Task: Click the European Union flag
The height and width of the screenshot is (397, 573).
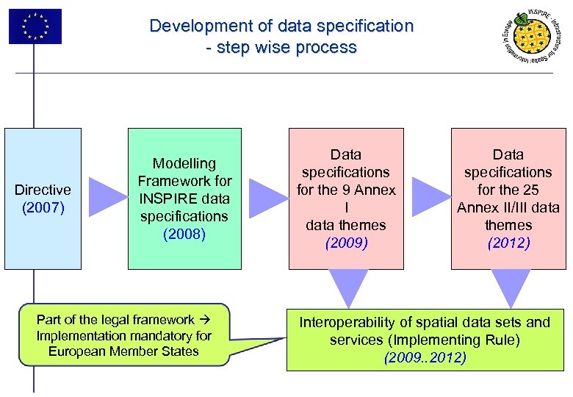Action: pos(35,26)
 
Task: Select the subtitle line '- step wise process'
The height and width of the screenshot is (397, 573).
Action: pos(281,48)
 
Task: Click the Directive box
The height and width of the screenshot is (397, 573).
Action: pos(43,198)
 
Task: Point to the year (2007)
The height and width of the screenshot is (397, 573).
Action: pos(43,208)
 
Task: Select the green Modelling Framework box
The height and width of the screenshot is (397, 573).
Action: pos(184,198)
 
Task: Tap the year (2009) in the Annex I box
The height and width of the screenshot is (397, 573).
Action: pos(346,243)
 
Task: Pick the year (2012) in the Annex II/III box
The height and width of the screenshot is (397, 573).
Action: pos(508,243)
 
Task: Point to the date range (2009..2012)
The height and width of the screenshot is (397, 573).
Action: pos(425,358)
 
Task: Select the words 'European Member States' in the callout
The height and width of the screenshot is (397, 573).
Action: pos(123,351)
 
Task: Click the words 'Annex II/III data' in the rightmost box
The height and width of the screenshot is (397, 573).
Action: pos(508,207)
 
